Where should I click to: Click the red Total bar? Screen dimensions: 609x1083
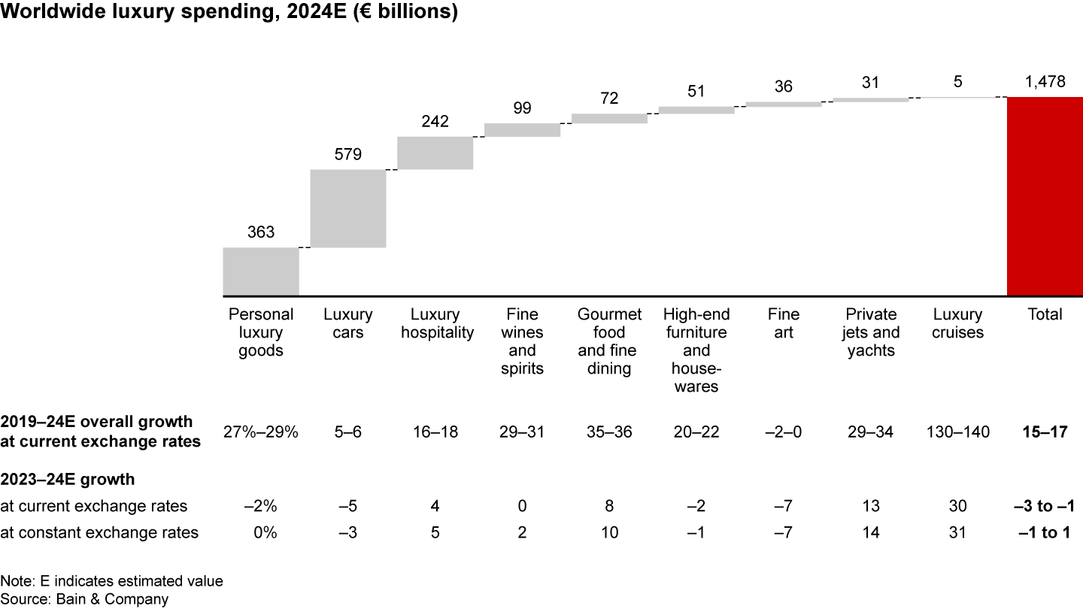[1045, 196]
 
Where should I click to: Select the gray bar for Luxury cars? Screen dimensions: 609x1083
[348, 208]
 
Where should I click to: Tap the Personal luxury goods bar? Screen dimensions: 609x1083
[261, 271]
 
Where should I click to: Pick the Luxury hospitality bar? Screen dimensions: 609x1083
[435, 153]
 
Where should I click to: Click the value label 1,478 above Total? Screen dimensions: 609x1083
[1045, 83]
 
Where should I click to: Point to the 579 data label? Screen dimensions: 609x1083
[348, 155]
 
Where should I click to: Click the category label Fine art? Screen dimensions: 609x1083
[784, 323]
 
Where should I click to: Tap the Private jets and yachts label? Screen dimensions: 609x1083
[871, 332]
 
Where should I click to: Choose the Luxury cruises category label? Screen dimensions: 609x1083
[957, 323]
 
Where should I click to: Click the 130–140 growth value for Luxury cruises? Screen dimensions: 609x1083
[957, 432]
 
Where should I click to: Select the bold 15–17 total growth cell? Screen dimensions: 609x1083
[1045, 432]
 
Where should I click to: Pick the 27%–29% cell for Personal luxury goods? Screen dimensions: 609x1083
[261, 432]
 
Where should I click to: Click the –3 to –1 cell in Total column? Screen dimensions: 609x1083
[1045, 506]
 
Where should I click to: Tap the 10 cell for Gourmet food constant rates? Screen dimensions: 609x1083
[609, 533]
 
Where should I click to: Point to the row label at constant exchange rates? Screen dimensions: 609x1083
[99, 533]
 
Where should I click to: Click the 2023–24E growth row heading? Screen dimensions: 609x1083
[68, 479]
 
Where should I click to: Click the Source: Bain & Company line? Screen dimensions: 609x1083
[84, 598]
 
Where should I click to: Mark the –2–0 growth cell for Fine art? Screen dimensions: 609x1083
[784, 432]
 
